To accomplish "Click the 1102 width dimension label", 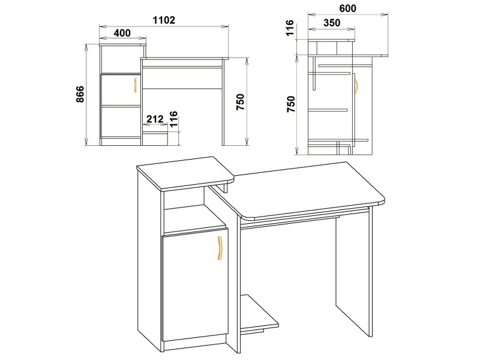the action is coord(164,20).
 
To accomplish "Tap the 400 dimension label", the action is coord(122,33).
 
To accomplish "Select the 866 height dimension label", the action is coord(80,94).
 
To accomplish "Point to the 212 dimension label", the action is coord(155,119).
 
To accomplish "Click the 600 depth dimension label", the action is coord(348,8).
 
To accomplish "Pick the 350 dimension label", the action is coord(332,23).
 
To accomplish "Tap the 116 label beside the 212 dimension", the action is coord(173,119).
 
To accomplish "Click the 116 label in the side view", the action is coord(290,28).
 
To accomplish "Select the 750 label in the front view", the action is coord(241,102).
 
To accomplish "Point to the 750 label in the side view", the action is coord(291,104).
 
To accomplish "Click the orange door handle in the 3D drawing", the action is coord(220,248).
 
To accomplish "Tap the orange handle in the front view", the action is coord(136,85).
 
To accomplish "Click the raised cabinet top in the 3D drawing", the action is coord(185,173).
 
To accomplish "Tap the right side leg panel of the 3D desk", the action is coord(354,272).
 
